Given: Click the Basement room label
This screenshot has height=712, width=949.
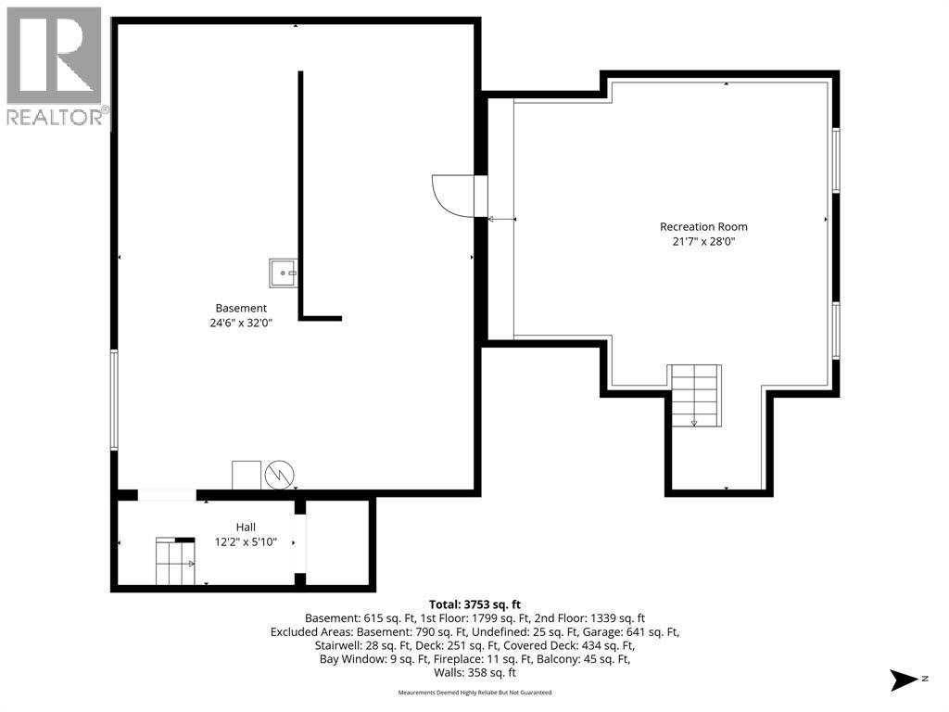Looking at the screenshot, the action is click(241, 308).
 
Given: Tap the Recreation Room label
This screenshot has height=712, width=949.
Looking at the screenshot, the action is click(703, 227).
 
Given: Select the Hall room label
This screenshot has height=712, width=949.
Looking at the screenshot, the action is click(246, 528).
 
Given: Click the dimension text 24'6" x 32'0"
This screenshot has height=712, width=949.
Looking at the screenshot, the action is click(241, 324).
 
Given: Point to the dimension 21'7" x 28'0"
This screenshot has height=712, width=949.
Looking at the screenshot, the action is click(703, 242).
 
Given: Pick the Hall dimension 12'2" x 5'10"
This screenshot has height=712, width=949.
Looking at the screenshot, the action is click(246, 541).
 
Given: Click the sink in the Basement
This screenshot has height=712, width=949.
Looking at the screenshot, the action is click(284, 273).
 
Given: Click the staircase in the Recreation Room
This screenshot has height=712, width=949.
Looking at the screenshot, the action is click(694, 395).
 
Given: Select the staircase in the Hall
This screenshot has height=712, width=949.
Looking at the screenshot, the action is click(175, 561).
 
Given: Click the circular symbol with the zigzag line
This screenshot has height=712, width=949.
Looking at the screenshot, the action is click(280, 476).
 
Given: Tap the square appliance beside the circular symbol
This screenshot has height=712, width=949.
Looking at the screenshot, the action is click(247, 476).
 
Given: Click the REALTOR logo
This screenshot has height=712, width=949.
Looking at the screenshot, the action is click(55, 67).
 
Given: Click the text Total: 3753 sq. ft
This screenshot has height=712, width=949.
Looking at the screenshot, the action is click(474, 604).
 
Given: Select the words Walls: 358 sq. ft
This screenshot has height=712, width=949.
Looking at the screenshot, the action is click(474, 673).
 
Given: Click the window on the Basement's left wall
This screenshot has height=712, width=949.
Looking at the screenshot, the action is click(114, 400).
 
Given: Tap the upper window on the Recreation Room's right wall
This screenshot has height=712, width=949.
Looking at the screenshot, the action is click(836, 159).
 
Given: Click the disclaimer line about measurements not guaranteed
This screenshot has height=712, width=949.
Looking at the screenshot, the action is click(474, 693).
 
